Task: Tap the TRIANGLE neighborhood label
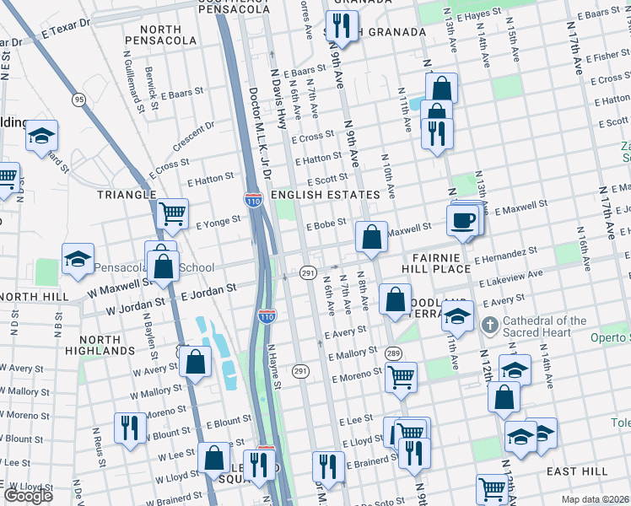[127, 194]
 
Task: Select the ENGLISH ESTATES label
[326, 195]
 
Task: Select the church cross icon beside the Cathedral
[488, 326]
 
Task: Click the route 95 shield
[79, 100]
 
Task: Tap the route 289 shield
[392, 353]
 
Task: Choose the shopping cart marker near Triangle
[173, 214]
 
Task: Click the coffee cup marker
[462, 220]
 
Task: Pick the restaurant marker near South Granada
[341, 24]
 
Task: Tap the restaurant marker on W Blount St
[127, 427]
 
